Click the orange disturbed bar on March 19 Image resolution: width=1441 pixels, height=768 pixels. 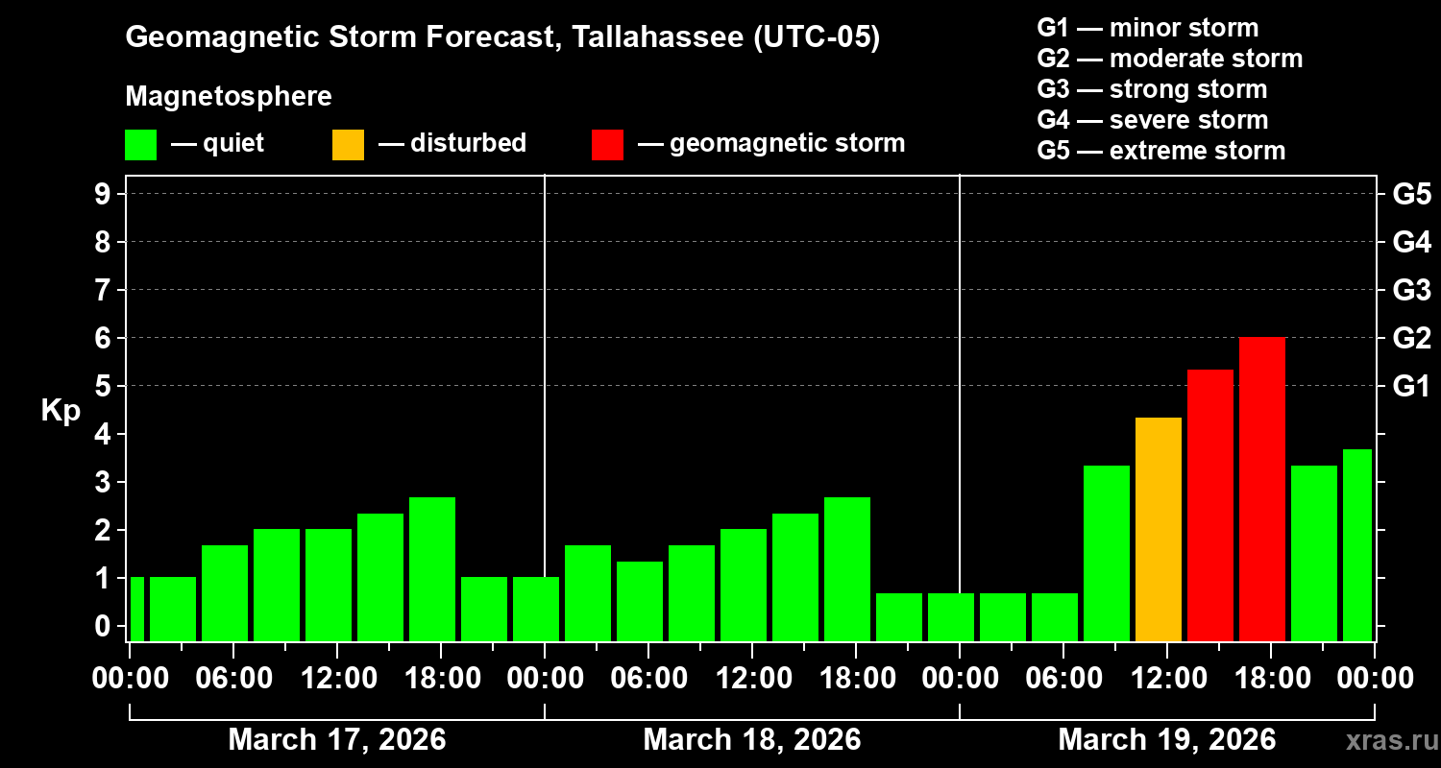point(1159,529)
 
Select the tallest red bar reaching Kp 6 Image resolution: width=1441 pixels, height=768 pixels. point(1262,490)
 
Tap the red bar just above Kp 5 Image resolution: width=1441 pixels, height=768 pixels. point(1210,505)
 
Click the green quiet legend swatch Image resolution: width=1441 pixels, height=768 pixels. point(140,145)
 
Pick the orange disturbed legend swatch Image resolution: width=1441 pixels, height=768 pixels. point(348,145)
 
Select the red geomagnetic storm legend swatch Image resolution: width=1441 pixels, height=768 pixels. point(607,145)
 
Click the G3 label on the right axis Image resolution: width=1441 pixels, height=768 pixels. point(1411,290)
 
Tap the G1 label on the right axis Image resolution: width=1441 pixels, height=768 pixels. point(1411,387)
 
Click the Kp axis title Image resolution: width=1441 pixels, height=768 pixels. point(61,411)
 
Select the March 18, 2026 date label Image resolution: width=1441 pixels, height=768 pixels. point(751,740)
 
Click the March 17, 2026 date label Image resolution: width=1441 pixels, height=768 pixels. point(336,740)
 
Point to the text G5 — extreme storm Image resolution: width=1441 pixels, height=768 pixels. point(1160,151)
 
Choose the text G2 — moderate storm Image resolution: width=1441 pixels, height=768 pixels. point(1169,59)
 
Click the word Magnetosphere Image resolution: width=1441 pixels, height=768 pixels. point(229,97)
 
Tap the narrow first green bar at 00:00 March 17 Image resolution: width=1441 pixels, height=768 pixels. point(136,609)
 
